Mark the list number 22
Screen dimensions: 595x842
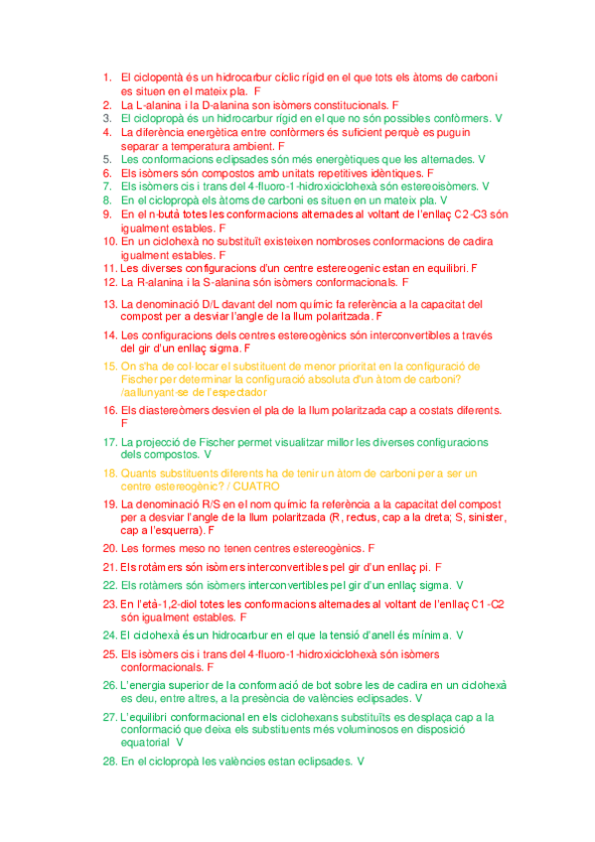109,586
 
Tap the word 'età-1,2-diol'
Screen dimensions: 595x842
183,604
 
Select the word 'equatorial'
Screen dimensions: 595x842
145,741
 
